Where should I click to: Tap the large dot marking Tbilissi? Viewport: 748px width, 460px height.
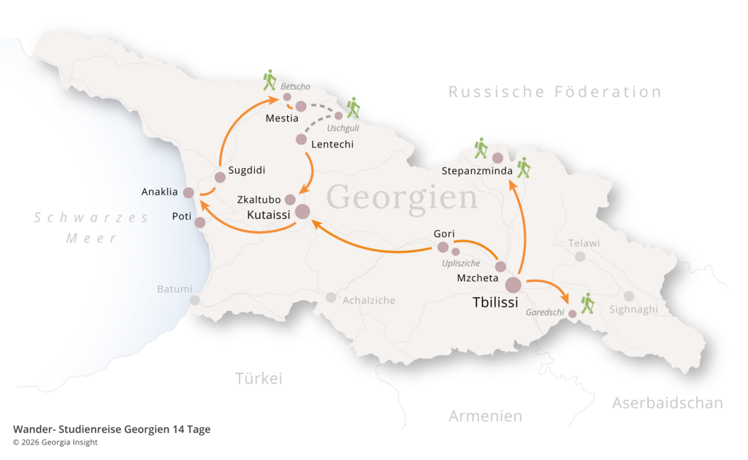pos(514,285)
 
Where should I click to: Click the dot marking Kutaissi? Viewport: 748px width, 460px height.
pos(302,212)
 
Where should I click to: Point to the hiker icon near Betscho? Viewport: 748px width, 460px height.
pos(270,80)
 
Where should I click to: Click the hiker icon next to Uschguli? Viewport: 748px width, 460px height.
pos(354,107)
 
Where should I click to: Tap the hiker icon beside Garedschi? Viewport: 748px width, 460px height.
pos(587,303)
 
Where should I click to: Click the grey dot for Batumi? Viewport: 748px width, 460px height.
pos(195,300)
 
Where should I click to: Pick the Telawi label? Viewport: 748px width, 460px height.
pos(584,242)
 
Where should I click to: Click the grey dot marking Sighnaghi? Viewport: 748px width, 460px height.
pos(629,296)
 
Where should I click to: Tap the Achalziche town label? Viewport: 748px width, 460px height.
pos(369,300)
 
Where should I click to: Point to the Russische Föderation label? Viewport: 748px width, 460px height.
pos(554,92)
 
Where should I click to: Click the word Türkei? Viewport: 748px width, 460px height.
pos(259,378)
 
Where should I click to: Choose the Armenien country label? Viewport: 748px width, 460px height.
pos(485,416)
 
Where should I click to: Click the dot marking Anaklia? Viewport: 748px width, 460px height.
pos(188,193)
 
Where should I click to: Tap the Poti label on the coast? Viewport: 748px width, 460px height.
pos(181,216)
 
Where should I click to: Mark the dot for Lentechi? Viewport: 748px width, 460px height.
pos(301,139)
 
